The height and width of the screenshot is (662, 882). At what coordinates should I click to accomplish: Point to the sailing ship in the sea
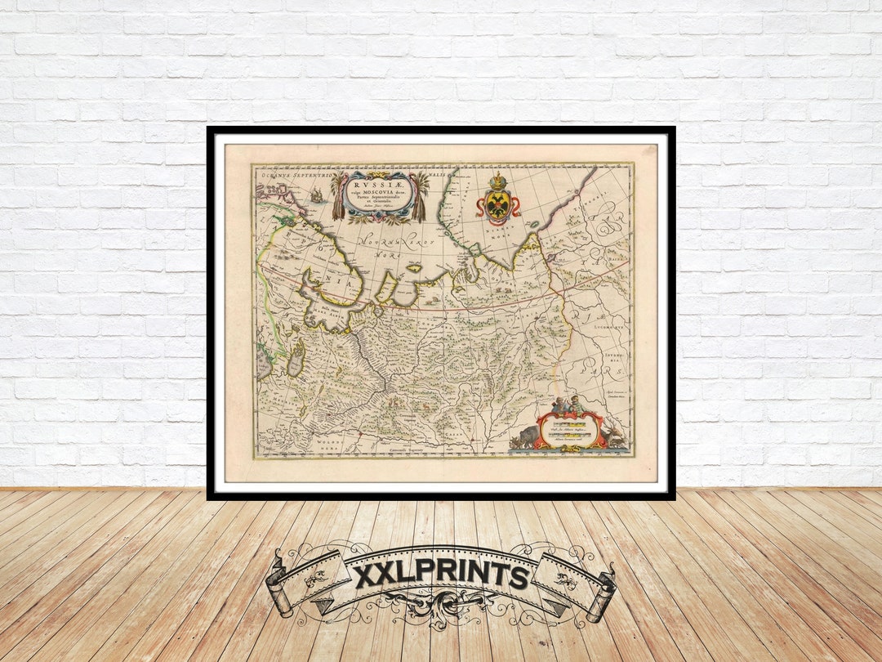tap(317, 195)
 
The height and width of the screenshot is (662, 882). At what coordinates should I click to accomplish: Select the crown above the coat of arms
tap(497, 180)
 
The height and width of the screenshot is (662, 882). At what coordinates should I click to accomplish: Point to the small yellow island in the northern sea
tap(414, 267)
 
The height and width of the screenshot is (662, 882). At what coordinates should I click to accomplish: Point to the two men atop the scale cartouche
tap(566, 404)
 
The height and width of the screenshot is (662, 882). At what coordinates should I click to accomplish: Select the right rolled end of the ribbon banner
tap(603, 590)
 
